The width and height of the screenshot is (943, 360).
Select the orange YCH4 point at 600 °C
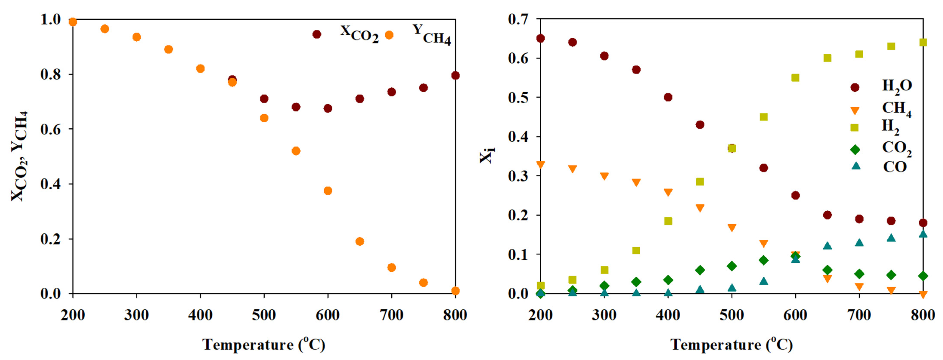(328, 191)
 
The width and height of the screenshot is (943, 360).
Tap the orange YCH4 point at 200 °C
(73, 22)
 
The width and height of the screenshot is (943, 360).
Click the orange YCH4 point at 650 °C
(360, 241)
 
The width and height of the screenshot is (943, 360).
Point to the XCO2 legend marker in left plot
(317, 34)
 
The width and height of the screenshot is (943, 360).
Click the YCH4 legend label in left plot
(432, 35)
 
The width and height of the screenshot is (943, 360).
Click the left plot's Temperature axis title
(264, 345)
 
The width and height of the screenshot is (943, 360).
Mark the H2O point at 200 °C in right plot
(540, 38)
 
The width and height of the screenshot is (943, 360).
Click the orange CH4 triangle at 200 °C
(540, 165)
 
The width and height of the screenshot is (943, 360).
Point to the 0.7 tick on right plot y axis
(518, 19)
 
